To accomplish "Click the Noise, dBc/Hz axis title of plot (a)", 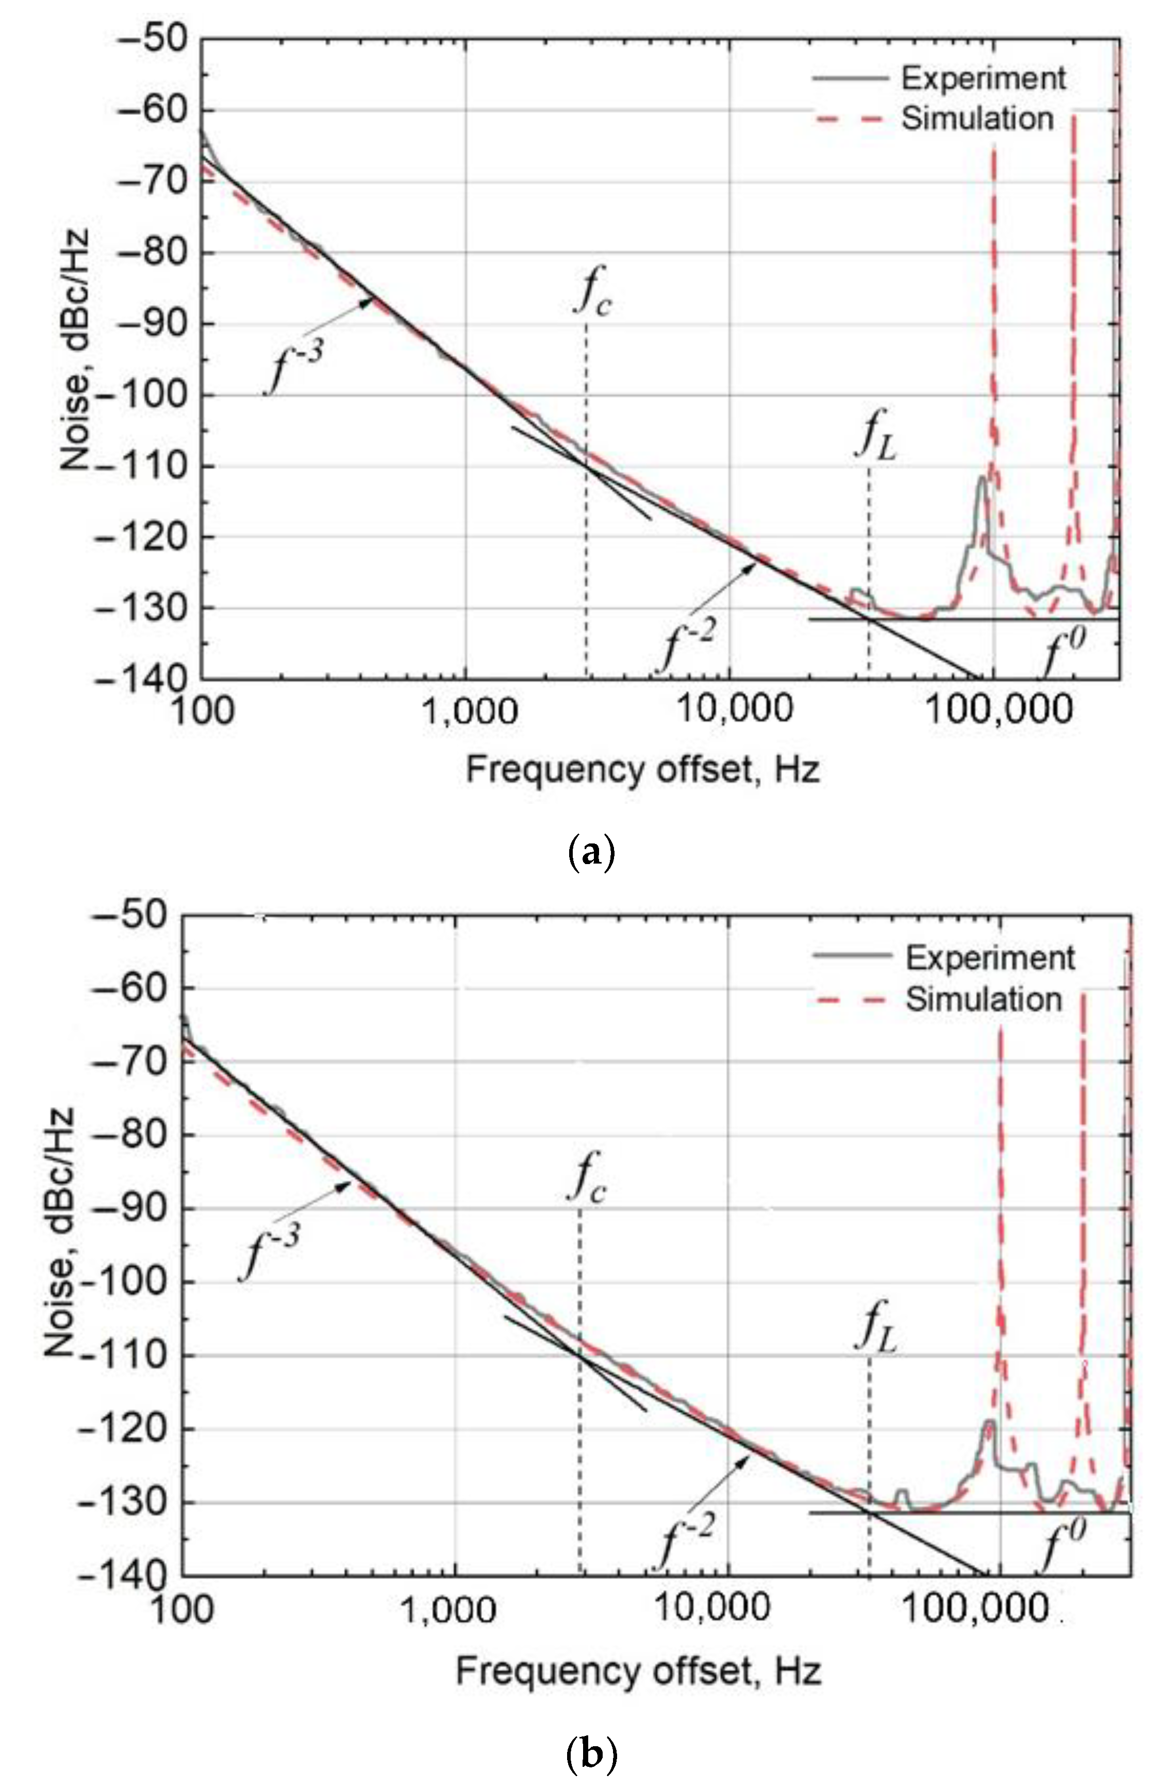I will pyautogui.click(x=75, y=350).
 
